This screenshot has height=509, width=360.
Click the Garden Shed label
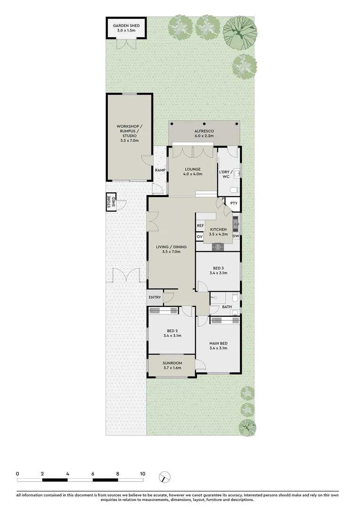point(126,28)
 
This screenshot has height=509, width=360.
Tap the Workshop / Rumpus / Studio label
point(129,133)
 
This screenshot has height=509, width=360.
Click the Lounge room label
point(192,171)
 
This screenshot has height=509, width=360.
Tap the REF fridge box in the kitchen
point(200,226)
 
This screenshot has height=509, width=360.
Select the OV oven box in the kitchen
point(199,237)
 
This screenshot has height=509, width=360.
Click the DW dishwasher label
point(236,237)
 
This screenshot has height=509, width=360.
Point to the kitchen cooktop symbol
point(218,246)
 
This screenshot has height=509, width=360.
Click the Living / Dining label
point(172,249)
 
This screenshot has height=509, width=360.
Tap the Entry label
point(155,297)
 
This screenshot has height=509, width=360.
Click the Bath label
point(227,307)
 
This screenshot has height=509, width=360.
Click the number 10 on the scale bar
point(142,474)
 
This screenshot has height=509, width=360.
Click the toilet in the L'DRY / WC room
point(234,190)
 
